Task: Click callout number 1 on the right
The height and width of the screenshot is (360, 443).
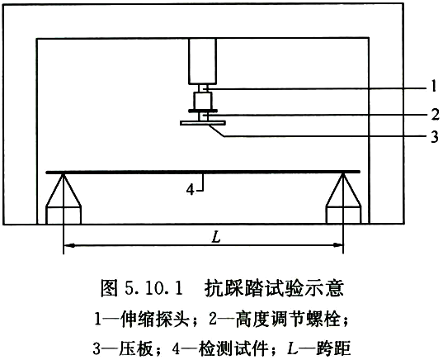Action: tap(434, 86)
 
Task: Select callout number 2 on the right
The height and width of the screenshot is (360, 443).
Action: tap(435, 114)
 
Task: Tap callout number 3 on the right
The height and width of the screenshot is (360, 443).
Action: tap(435, 136)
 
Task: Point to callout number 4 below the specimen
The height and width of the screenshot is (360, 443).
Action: tap(191, 190)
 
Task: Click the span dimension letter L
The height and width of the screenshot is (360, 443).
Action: tap(216, 238)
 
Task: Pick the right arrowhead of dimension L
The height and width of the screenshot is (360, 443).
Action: tap(337, 245)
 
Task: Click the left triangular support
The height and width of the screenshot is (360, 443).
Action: tap(64, 191)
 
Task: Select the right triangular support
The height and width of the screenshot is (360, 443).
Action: tap(343, 191)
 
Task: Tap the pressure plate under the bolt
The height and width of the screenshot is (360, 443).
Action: tap(203, 123)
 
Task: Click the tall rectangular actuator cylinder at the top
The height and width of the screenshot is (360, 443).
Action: tap(203, 61)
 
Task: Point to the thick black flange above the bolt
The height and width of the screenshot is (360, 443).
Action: tap(203, 111)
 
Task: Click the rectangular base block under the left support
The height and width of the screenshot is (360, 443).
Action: tap(64, 216)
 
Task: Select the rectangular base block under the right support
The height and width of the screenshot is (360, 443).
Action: tap(343, 216)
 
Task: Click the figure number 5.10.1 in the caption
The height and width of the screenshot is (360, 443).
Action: tap(153, 289)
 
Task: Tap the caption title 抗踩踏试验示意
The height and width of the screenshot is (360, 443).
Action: tap(274, 288)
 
